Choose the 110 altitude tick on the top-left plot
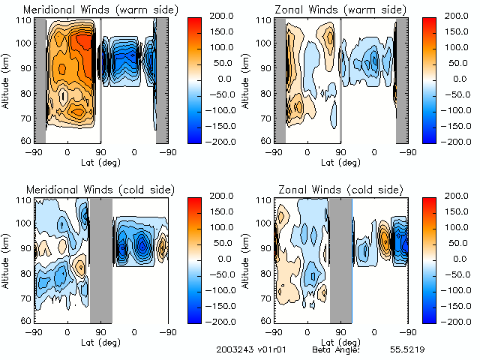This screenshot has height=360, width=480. click(x=22, y=20)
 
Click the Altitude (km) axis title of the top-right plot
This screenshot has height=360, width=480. click(x=247, y=80)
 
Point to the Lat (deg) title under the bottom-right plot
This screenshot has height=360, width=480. click(x=340, y=341)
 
